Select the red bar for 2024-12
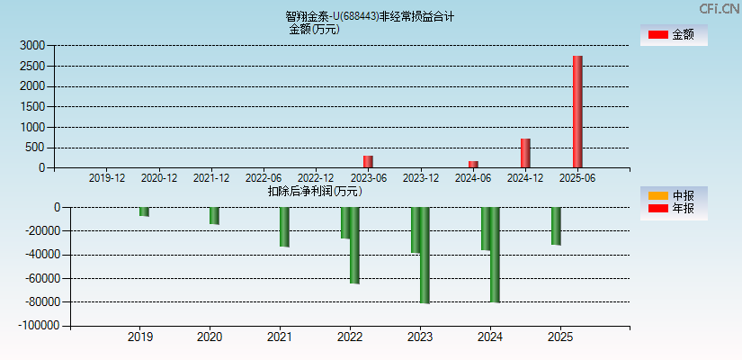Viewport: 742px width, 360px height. click(525, 153)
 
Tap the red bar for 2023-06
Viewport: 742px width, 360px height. click(368, 162)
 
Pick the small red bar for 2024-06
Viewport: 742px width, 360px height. click(473, 165)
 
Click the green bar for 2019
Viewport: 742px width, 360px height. click(144, 211)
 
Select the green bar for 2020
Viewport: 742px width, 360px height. click(214, 216)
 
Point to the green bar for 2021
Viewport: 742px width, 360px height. click(284, 227)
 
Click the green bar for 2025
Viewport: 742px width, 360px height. click(556, 226)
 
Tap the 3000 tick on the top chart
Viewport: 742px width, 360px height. click(32, 45)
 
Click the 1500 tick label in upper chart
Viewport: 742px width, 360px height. click(32, 107)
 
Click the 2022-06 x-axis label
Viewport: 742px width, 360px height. click(264, 178)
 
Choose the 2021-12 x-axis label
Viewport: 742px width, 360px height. click(211, 178)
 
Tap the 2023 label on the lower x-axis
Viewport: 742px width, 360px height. click(420, 337)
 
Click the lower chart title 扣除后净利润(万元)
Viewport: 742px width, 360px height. click(315, 191)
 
